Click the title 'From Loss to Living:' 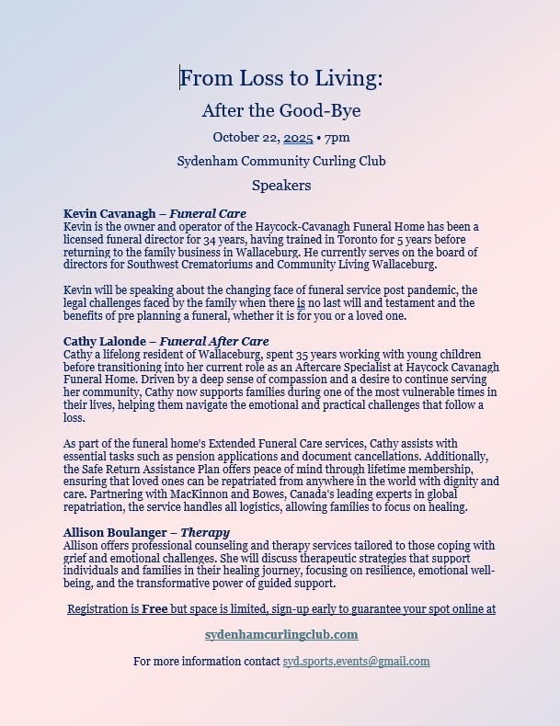280,79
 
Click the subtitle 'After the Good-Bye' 280,111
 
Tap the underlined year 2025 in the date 298,137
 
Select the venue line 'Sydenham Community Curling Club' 280,161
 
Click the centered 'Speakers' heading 280,185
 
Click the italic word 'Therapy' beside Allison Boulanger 205,532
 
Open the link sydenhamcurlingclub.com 280,635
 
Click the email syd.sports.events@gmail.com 356,661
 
